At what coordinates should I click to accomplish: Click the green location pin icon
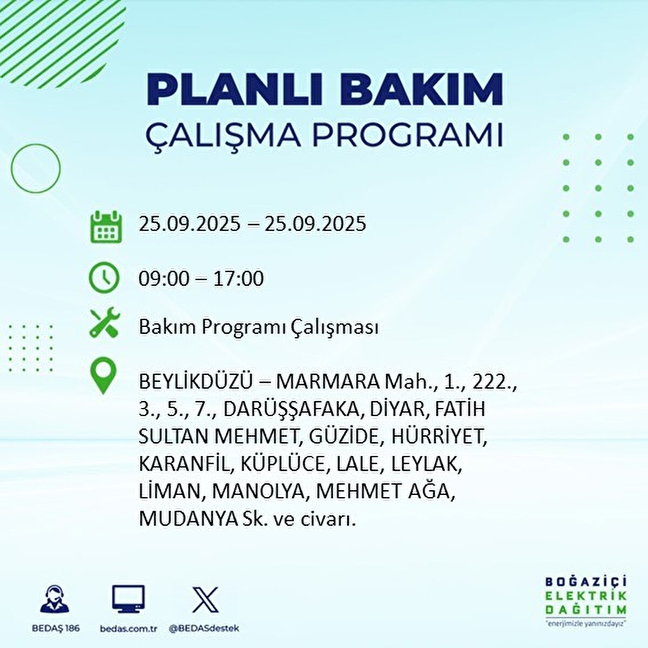coord(104,376)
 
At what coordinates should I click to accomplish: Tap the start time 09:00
coord(164,279)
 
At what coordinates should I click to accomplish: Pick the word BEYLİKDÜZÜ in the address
coord(195,382)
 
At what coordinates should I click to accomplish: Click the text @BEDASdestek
coord(204,629)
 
